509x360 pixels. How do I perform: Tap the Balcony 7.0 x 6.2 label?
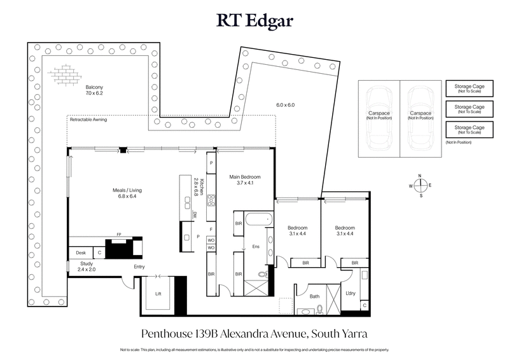click(94, 90)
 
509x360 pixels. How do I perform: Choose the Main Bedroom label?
click(245, 180)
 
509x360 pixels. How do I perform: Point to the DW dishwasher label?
click(195, 214)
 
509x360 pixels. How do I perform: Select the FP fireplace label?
click(118, 234)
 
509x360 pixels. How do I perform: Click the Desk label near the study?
click(81, 253)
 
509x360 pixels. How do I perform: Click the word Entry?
click(139, 267)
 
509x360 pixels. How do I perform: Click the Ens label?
click(256, 246)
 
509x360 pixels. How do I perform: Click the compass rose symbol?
click(420, 186)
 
